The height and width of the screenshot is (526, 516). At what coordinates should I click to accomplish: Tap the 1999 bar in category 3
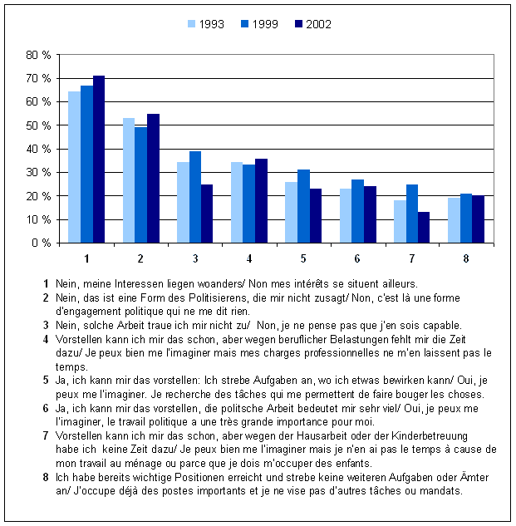click(194, 197)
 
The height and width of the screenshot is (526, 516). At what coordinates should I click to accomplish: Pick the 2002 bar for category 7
click(424, 227)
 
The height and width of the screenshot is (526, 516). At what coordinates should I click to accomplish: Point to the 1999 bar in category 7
click(412, 214)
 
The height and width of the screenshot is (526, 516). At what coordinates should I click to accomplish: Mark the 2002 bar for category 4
click(262, 200)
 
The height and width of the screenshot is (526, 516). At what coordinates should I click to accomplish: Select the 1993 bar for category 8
click(454, 219)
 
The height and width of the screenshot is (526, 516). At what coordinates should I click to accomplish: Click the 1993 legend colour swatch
click(190, 24)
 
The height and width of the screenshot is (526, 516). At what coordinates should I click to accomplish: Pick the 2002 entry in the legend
click(312, 24)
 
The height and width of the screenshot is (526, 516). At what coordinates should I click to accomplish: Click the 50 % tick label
click(39, 125)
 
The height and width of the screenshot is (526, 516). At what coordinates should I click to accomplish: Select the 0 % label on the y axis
click(42, 243)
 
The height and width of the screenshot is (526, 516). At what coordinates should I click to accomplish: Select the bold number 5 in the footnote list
click(47, 378)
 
